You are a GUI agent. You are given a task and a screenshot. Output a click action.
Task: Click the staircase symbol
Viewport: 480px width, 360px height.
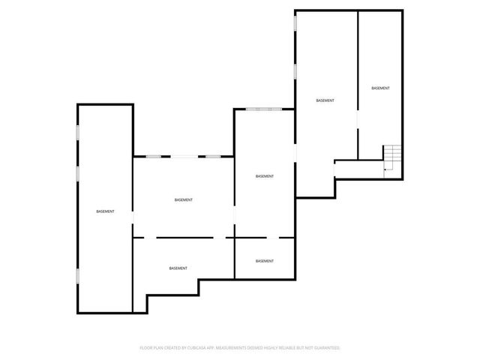click(393, 158)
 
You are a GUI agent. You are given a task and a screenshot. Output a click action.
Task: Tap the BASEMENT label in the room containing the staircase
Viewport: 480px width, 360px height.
click(380, 88)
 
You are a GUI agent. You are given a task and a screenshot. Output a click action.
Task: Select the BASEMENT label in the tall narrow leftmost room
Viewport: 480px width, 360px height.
click(105, 211)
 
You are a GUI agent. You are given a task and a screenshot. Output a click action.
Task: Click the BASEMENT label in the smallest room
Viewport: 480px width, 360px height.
click(264, 261)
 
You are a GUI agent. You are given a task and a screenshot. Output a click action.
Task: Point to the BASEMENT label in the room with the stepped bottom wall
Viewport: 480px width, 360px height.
click(178, 268)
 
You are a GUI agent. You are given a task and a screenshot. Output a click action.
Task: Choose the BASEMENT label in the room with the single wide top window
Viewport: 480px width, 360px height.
click(264, 176)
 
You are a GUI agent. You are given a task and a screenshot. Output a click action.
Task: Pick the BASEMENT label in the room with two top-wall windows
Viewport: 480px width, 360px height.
click(183, 199)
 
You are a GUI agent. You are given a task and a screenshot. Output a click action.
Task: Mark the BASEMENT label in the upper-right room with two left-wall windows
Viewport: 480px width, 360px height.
click(325, 100)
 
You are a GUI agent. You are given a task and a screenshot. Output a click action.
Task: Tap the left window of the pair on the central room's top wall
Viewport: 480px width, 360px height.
click(154, 156)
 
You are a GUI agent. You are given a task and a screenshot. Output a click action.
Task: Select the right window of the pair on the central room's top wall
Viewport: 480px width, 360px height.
click(213, 156)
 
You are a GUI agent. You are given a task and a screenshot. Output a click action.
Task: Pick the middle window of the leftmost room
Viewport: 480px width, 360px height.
click(77, 173)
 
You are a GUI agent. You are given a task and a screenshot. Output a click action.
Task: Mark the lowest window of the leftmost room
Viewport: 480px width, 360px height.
click(77, 275)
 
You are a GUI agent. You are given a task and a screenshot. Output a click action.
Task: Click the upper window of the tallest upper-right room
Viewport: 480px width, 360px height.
click(295, 24)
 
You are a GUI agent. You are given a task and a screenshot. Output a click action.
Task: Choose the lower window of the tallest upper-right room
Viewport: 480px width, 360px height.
click(295, 70)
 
